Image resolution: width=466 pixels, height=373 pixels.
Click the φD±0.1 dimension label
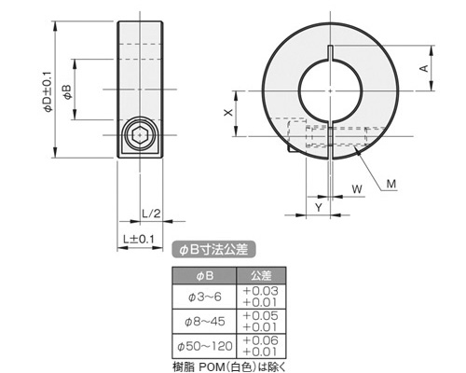(x=48, y=91)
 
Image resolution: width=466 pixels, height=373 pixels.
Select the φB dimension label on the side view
(x=67, y=92)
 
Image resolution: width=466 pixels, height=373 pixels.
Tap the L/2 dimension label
(x=151, y=214)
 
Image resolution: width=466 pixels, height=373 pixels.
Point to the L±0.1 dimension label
(x=139, y=240)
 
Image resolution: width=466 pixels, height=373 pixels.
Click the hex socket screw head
(x=140, y=135)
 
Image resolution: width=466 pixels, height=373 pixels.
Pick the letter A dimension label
(x=424, y=68)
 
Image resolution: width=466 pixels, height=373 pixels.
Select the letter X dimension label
(x=228, y=113)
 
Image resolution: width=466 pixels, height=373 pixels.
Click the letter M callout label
(x=391, y=185)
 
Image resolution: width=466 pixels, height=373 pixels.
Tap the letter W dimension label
(x=357, y=188)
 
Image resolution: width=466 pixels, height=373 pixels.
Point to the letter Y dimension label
(x=319, y=207)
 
